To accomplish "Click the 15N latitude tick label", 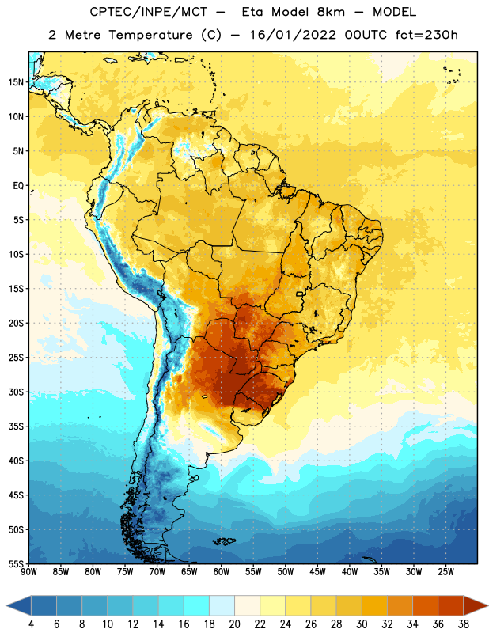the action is click(16, 82).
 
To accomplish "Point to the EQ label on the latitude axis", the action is click(18, 186).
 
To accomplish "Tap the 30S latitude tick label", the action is click(16, 392).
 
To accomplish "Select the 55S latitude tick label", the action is click(16, 563).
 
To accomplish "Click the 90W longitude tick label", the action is click(28, 572).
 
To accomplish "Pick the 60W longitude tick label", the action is click(222, 572).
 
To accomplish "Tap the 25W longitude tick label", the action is click(445, 572).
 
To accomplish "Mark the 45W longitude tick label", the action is click(317, 572).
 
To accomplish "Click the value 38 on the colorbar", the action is click(463, 624).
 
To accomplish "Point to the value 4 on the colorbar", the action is click(31, 624).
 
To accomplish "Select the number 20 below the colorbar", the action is click(234, 624).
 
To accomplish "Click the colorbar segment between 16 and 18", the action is click(196, 606).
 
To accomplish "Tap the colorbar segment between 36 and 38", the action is click(451, 606).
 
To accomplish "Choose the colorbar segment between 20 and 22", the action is click(247, 606).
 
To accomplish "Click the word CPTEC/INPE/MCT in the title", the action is click(149, 12).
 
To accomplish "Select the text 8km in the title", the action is click(331, 12).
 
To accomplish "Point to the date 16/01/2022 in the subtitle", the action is click(293, 35).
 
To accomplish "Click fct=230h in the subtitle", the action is click(426, 35).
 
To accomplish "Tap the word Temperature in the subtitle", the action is click(150, 35).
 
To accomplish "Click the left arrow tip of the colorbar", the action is click(6, 606).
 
